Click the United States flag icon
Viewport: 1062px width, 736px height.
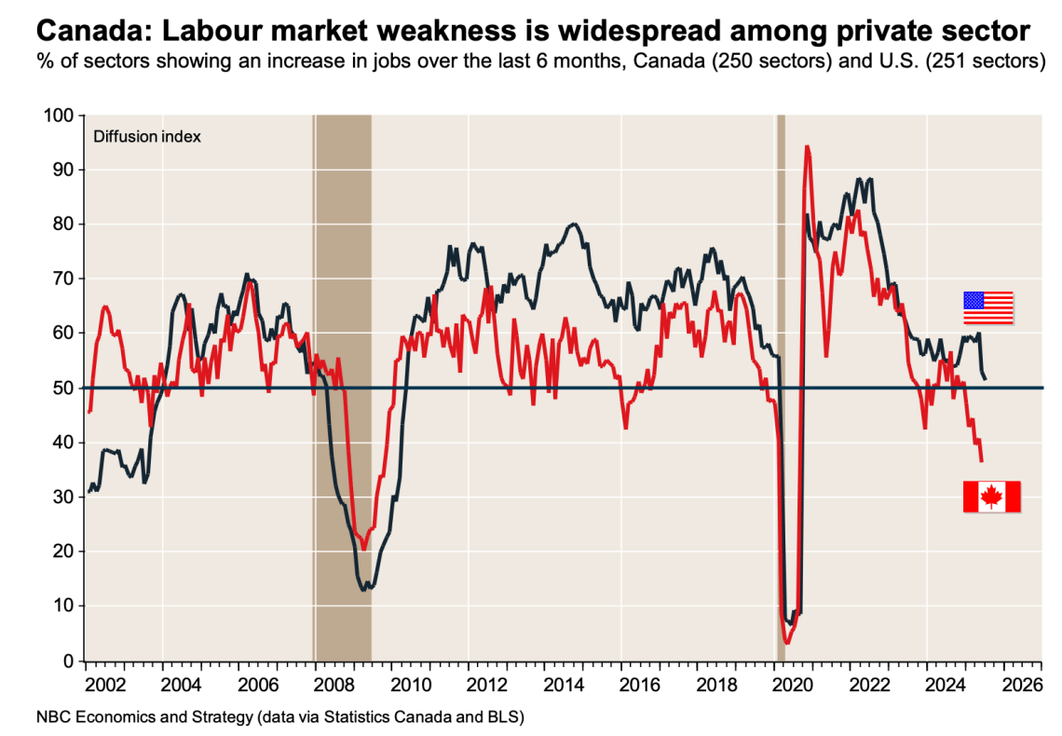click(x=987, y=307)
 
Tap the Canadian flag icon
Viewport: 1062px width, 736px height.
click(x=991, y=497)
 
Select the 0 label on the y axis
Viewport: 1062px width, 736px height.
click(x=68, y=661)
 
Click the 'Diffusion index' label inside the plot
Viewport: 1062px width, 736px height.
click(x=146, y=137)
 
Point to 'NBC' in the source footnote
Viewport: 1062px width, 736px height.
click(x=53, y=717)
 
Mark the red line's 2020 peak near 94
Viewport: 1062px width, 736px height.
click(x=807, y=147)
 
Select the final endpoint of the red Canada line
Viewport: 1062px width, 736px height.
click(x=982, y=460)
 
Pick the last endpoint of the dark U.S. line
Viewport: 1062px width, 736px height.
click(x=986, y=377)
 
